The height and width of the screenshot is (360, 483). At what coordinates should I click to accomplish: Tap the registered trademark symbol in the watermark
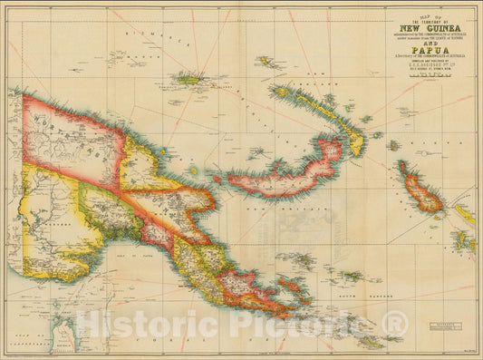(394, 323)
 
